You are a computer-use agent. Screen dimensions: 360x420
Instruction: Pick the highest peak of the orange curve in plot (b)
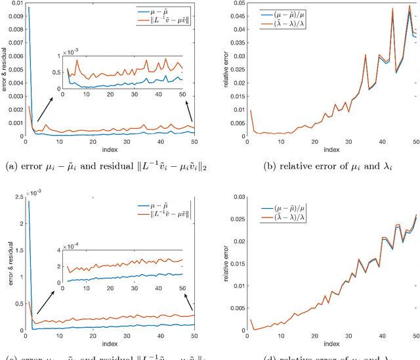click(409, 6)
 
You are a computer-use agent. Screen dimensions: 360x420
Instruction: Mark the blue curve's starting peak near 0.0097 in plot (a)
click(28, 9)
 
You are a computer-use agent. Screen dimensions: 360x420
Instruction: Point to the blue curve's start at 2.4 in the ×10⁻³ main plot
click(28, 201)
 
